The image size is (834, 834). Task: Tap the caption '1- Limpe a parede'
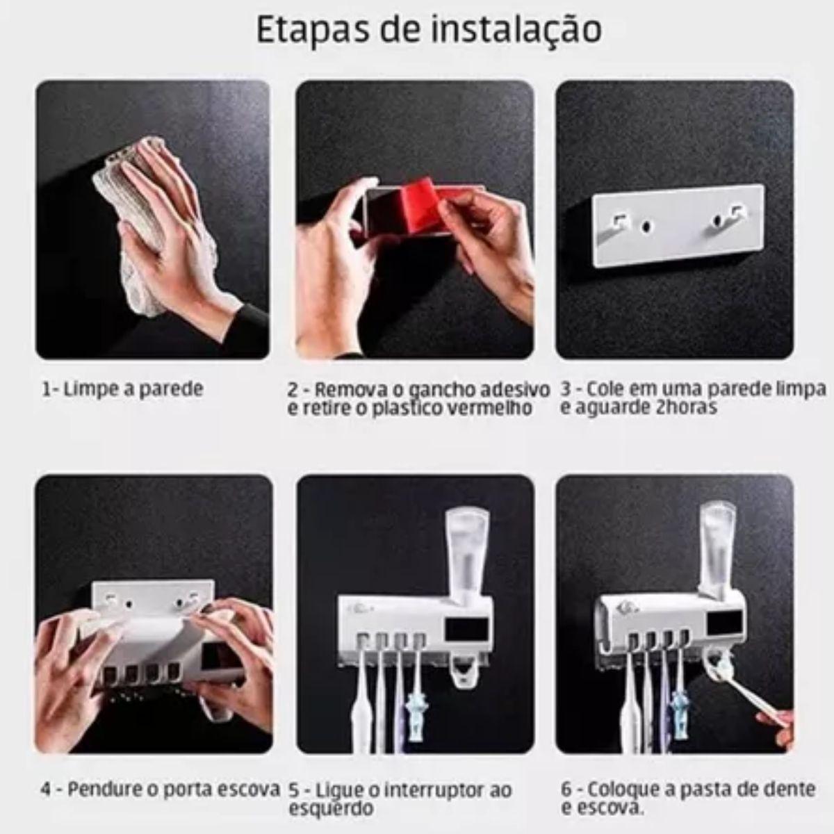tap(122, 389)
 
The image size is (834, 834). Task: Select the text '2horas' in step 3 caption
tap(687, 407)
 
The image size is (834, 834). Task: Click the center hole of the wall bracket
tap(648, 227)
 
